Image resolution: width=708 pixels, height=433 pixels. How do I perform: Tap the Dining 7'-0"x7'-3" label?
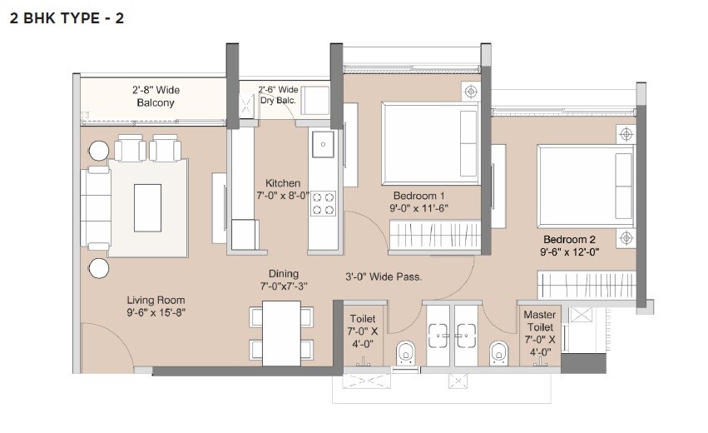(283, 281)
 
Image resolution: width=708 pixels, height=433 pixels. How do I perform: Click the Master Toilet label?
(540, 321)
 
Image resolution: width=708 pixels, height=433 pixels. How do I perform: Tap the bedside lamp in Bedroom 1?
(471, 91)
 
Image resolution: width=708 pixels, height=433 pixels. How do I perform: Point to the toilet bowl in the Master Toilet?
(497, 353)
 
